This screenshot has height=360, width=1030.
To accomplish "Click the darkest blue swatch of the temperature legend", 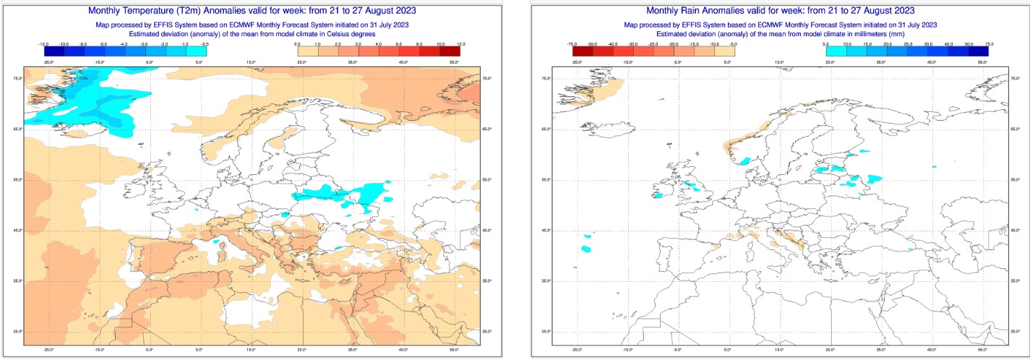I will click(x=54, y=51).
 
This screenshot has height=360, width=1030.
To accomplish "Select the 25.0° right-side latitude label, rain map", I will click(x=1015, y=331).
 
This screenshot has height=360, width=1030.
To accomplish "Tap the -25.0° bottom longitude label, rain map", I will click(x=576, y=348).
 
